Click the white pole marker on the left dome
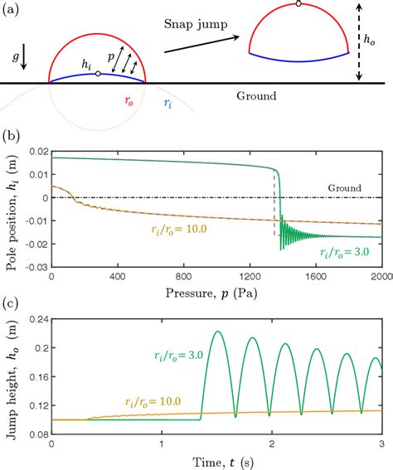(x=99, y=74)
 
